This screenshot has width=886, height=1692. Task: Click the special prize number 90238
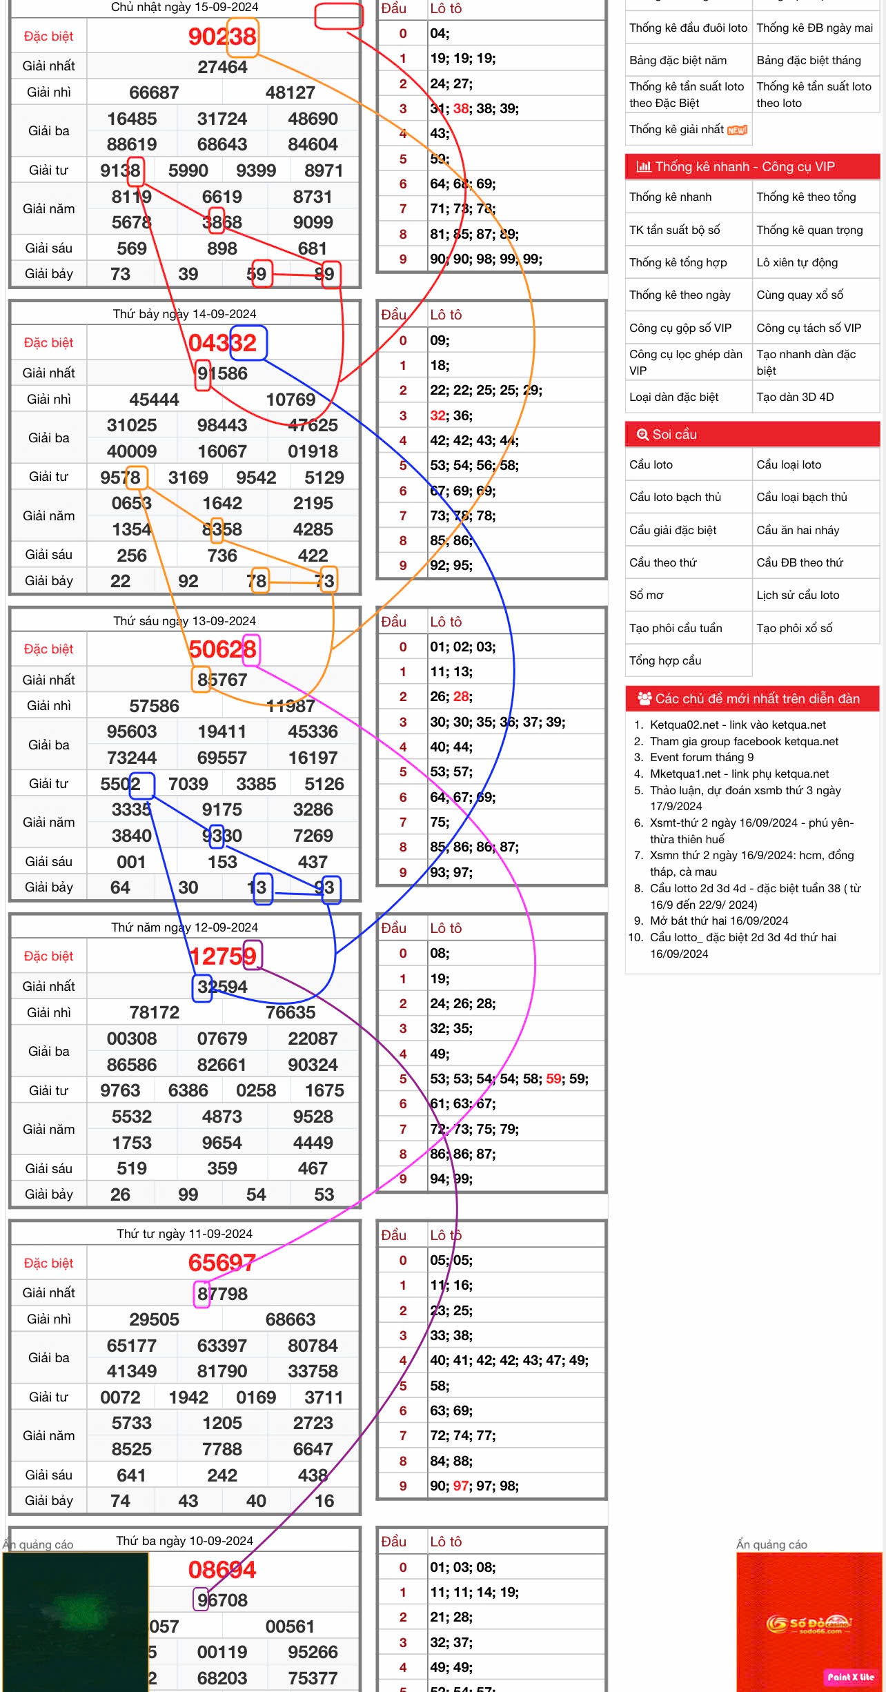click(222, 37)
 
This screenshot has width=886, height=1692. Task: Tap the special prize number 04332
click(222, 343)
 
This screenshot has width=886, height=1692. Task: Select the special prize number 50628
click(222, 649)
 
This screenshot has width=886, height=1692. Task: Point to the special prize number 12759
click(222, 956)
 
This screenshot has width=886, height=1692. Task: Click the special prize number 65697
click(222, 1263)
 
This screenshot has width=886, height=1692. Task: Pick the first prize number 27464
click(222, 67)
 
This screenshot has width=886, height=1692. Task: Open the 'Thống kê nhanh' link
click(670, 197)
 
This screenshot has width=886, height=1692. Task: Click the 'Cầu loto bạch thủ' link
click(675, 498)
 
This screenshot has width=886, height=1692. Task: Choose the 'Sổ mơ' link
click(646, 596)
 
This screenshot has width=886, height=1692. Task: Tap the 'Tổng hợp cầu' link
click(664, 661)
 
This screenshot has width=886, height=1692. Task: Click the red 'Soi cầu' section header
click(752, 435)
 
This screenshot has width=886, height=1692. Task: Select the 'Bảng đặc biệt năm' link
click(678, 61)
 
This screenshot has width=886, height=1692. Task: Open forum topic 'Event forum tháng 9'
click(702, 758)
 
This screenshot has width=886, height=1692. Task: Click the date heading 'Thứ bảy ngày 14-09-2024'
click(185, 315)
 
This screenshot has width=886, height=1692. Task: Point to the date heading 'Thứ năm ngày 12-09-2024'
click(185, 928)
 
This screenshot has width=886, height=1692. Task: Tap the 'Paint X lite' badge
click(850, 1677)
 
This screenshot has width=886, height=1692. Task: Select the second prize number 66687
click(154, 93)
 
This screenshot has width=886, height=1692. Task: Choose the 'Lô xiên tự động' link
click(798, 263)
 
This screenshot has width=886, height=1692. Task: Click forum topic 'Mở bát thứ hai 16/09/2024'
click(719, 921)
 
